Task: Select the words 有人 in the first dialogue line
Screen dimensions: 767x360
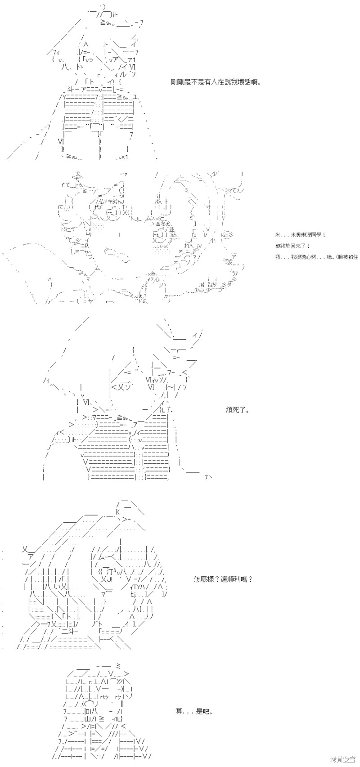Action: tap(210, 82)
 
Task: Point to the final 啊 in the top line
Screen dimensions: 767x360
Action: tap(256, 82)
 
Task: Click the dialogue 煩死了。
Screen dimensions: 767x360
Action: tap(237, 410)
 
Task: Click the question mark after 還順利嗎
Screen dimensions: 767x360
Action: tap(250, 579)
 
